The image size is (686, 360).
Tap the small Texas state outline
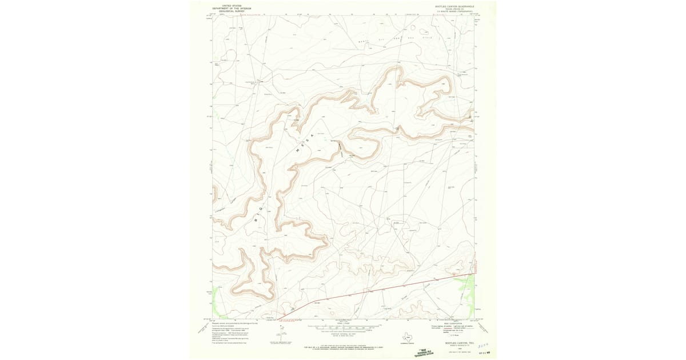click(x=408, y=337)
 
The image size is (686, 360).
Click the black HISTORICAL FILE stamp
click(x=423, y=353)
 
